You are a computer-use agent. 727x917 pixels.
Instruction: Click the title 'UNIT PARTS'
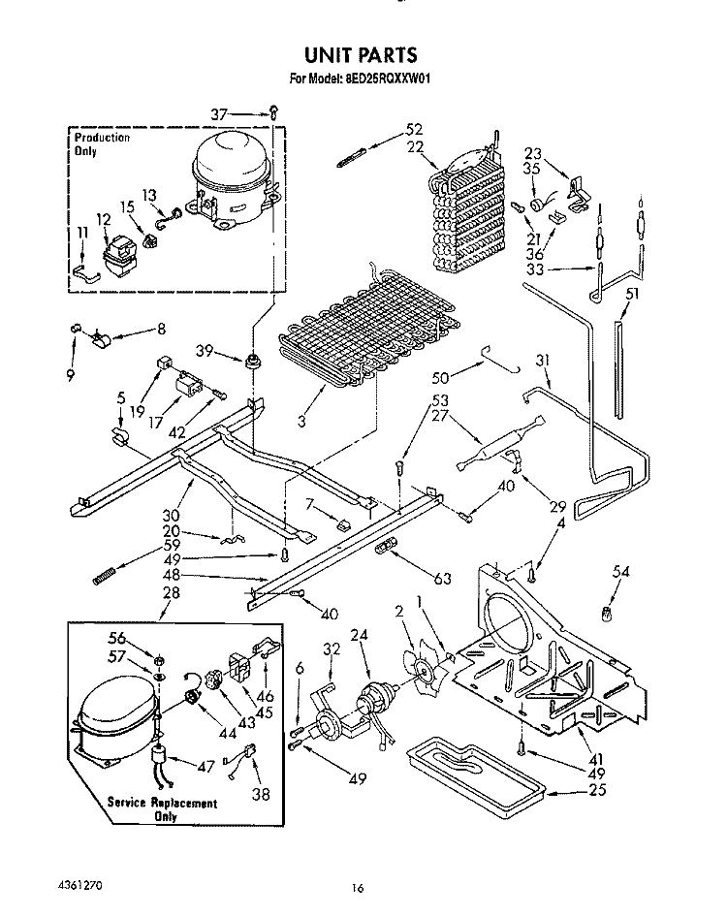tap(361, 54)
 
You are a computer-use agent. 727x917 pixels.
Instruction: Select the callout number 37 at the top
tap(219, 114)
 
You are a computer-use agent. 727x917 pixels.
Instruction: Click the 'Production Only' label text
tap(102, 143)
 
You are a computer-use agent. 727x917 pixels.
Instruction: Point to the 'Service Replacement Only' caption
tap(162, 808)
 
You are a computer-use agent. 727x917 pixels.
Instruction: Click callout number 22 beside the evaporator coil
tap(415, 146)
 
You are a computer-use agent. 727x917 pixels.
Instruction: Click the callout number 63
tap(443, 579)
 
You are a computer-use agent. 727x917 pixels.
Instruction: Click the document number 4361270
tap(80, 885)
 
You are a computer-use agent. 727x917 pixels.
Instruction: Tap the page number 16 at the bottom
tap(358, 888)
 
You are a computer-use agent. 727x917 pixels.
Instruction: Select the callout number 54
tap(620, 571)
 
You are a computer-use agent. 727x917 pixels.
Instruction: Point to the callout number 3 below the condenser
tap(301, 421)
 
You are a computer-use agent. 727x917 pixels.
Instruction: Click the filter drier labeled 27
tap(501, 442)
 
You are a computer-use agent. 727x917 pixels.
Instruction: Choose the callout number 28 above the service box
tap(171, 592)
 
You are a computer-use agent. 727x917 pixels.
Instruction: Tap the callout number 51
tap(632, 294)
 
